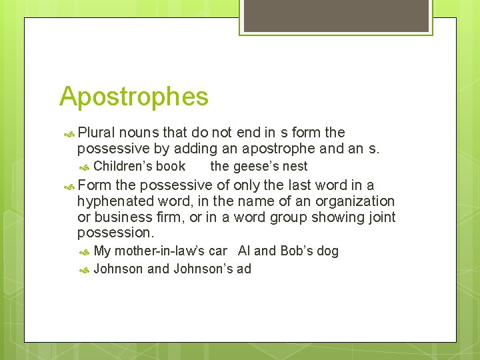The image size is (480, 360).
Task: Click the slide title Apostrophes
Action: [x=133, y=97]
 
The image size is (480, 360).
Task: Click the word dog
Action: [x=329, y=251]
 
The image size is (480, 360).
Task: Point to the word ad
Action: [x=243, y=269]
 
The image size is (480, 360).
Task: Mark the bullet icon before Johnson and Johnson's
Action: [x=84, y=270]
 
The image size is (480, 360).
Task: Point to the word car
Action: [x=217, y=251]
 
